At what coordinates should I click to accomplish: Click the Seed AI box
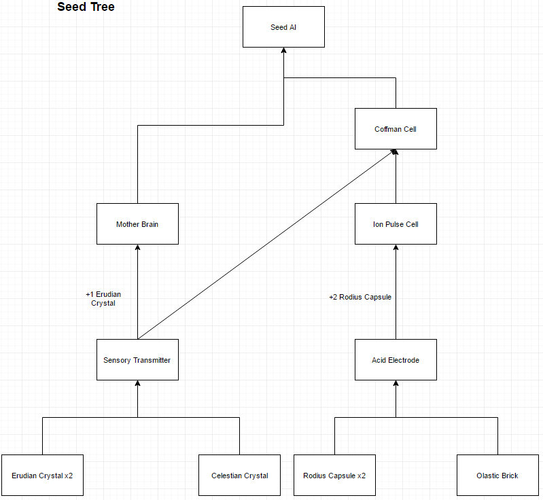click(x=283, y=27)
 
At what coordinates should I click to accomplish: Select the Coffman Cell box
click(x=396, y=129)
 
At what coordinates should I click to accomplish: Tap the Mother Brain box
click(x=137, y=224)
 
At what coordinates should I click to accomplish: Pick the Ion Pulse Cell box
click(x=396, y=224)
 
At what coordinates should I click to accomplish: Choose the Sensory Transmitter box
click(x=137, y=360)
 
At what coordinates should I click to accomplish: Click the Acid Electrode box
click(x=396, y=360)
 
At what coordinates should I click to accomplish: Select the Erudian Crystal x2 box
click(x=42, y=476)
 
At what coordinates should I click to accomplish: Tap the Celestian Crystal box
click(x=239, y=476)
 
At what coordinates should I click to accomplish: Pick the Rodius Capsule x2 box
click(x=334, y=476)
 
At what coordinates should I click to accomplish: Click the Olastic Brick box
click(x=497, y=476)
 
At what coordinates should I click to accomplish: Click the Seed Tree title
click(x=86, y=7)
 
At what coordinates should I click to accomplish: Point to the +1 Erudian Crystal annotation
click(x=103, y=299)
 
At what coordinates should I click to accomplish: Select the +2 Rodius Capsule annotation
click(x=360, y=297)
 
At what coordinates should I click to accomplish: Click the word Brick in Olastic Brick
click(x=509, y=476)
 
